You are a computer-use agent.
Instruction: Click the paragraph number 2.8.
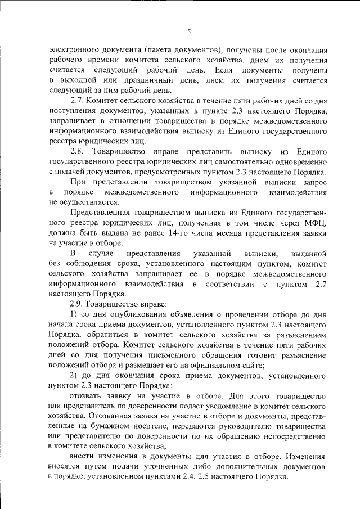pos(78,152)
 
